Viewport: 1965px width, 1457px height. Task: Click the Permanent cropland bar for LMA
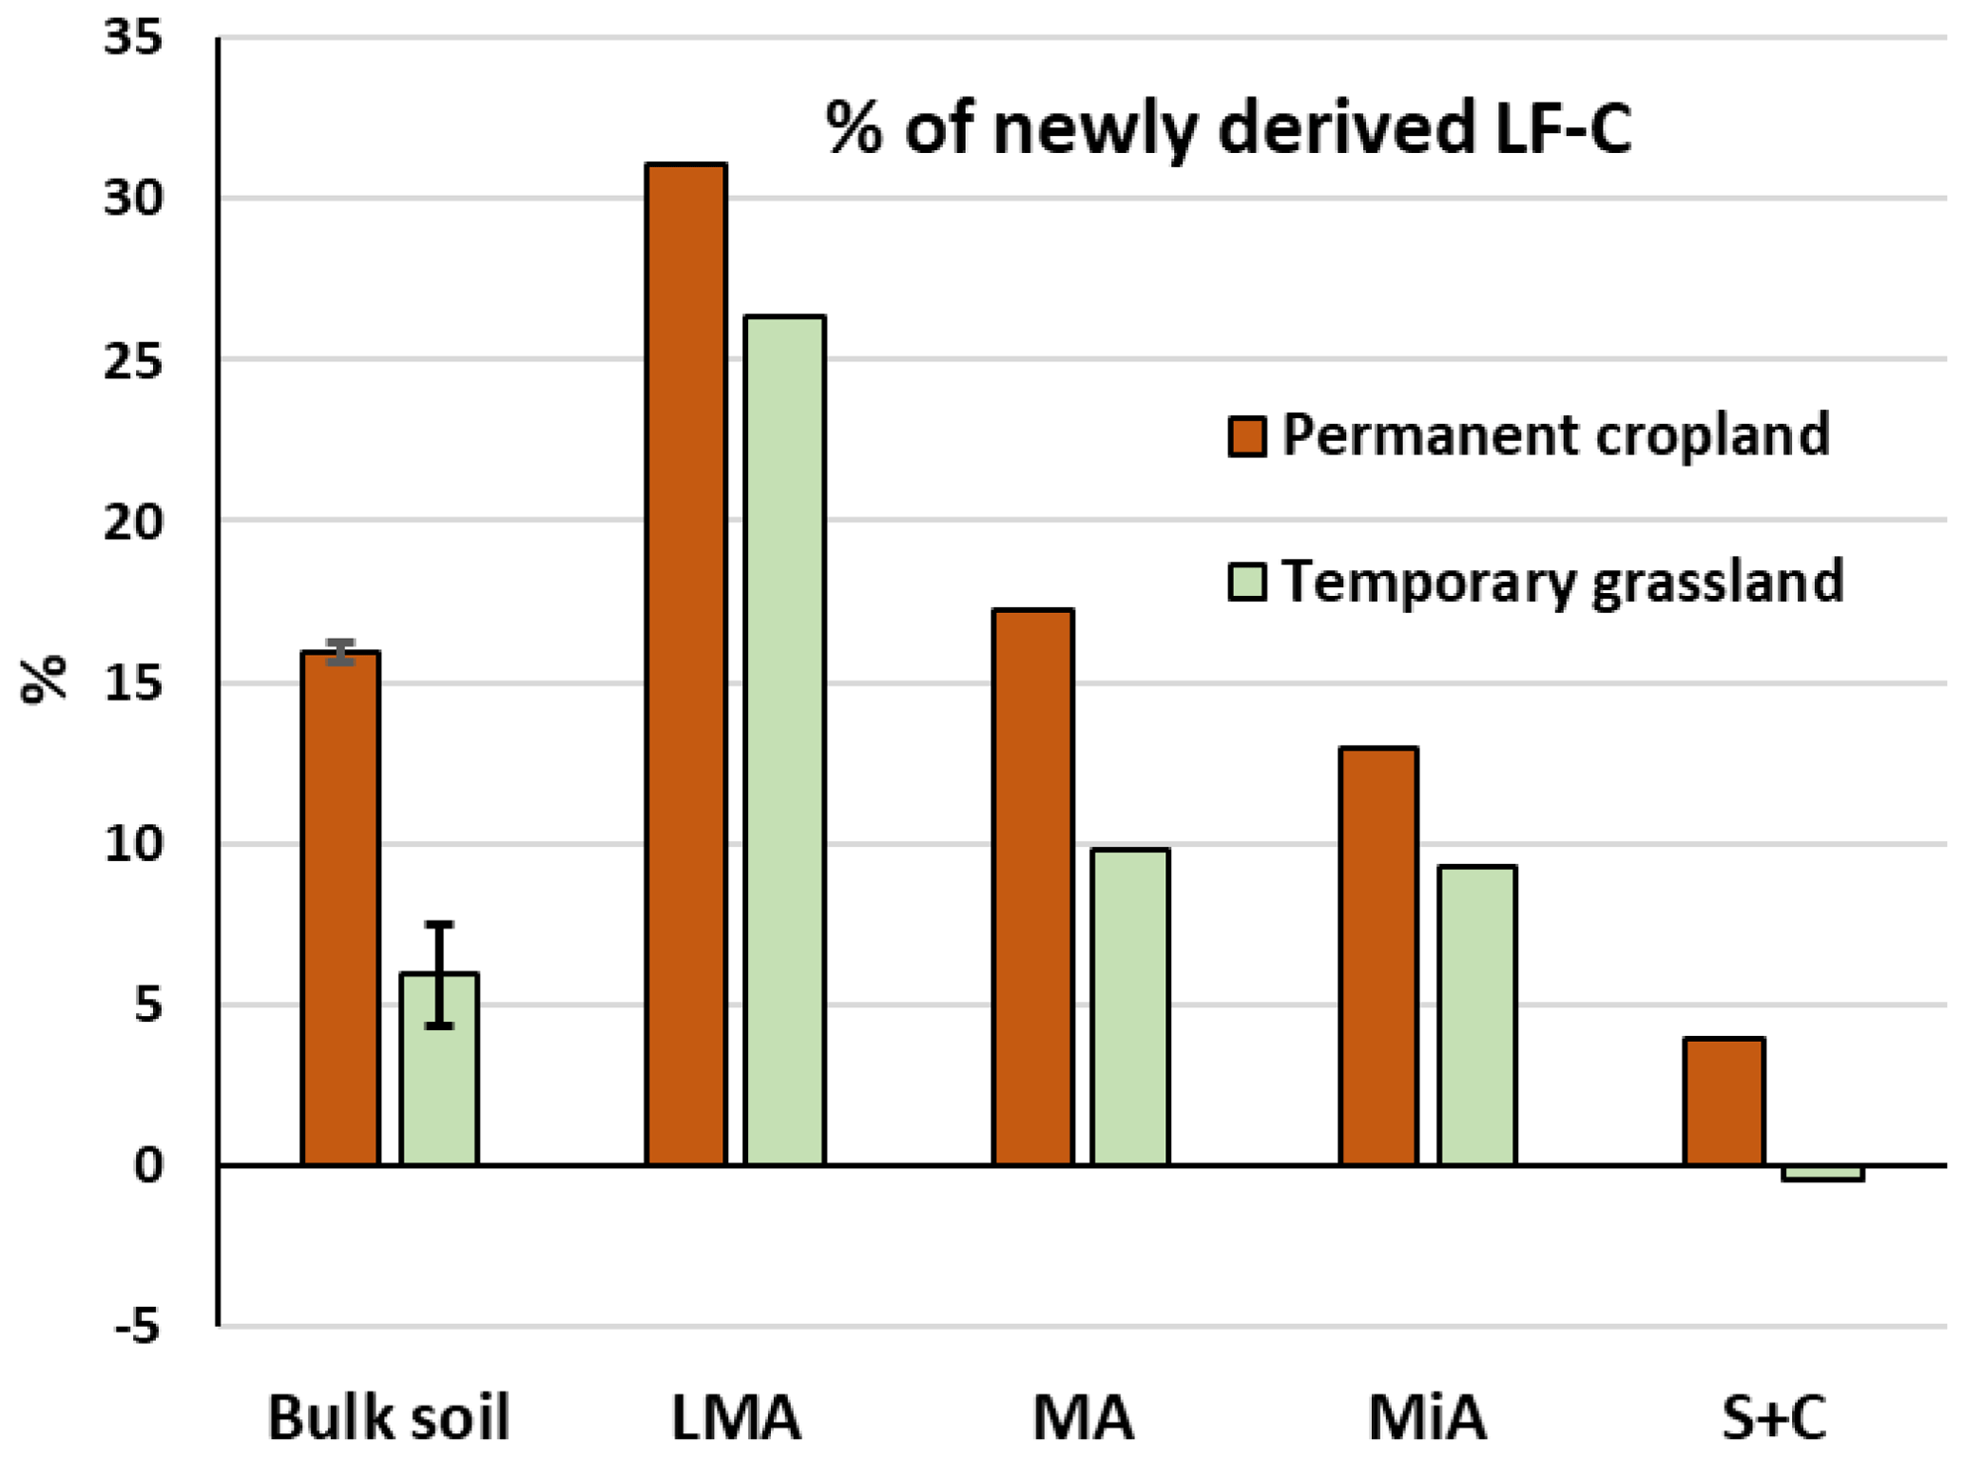point(685,665)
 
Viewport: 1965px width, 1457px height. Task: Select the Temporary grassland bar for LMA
point(784,741)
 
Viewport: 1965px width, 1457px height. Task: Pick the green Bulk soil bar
point(438,1093)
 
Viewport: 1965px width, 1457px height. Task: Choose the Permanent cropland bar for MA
point(1032,889)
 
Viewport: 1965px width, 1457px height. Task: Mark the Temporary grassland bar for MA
point(1130,1007)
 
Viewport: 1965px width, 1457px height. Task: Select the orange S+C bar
point(1724,1102)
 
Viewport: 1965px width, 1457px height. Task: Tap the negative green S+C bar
point(1822,1173)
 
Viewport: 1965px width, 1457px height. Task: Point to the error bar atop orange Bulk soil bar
point(340,652)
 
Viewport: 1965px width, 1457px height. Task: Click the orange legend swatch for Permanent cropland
point(1246,436)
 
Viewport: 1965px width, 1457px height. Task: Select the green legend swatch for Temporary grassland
point(1246,582)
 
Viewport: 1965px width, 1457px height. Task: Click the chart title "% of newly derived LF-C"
point(1228,128)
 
